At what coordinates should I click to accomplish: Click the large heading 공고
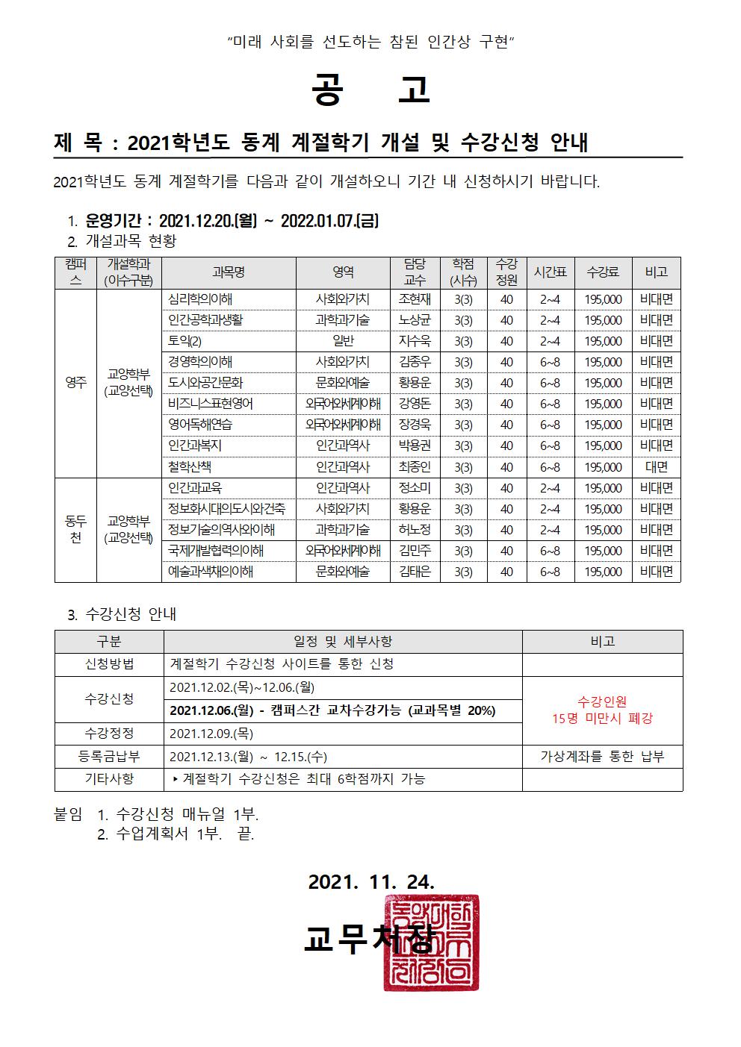tap(370, 90)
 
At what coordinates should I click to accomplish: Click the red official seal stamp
tap(432, 943)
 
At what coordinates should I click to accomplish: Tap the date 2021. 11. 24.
tap(371, 881)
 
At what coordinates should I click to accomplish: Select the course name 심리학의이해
tap(200, 299)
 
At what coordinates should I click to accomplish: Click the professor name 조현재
tap(415, 299)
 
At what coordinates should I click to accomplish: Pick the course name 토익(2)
tap(185, 341)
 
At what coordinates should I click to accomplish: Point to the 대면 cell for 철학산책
tap(656, 467)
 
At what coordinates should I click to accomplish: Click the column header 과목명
tap(229, 272)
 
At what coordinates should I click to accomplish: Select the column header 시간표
tap(550, 272)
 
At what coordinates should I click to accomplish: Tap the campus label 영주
tap(75, 383)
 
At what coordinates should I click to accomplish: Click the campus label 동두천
tap(75, 529)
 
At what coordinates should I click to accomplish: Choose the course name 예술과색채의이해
tap(211, 572)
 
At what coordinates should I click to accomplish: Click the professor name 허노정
tap(415, 530)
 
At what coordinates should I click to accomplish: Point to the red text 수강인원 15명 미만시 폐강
tap(602, 710)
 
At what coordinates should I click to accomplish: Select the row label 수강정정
tap(109, 733)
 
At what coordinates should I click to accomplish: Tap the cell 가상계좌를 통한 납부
tap(602, 756)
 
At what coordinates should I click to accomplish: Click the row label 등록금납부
tap(109, 756)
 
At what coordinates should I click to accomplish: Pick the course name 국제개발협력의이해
tap(216, 551)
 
